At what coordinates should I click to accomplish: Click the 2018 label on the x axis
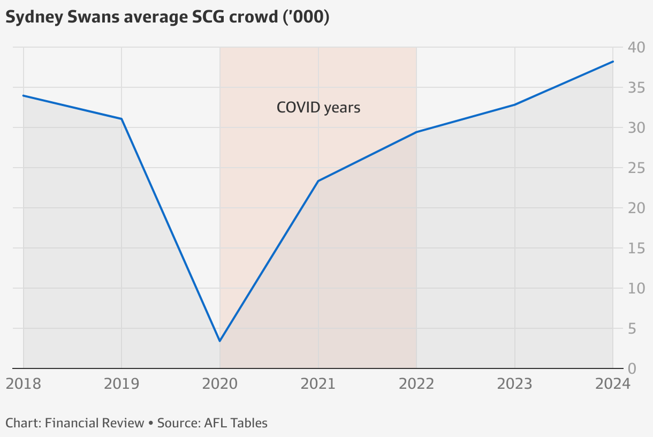point(23,383)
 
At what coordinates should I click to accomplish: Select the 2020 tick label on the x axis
point(220,383)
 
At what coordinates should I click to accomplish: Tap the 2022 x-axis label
point(416,383)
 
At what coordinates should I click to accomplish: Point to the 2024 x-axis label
point(613,383)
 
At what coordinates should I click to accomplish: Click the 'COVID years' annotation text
point(318,108)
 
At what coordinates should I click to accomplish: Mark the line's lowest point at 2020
point(220,341)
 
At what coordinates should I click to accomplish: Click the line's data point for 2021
point(318,181)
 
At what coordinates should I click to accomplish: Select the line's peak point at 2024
point(613,62)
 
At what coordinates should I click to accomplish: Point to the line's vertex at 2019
point(122,119)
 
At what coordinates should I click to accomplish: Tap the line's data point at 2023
point(515,104)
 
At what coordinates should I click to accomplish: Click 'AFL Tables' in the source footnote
point(236,423)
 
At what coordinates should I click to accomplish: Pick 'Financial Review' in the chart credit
point(95,423)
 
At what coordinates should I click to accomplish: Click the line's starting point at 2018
point(23,96)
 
